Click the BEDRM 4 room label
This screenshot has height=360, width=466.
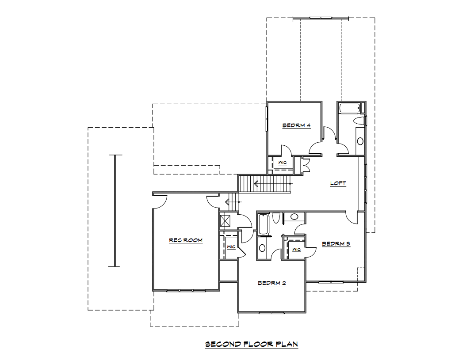(296, 125)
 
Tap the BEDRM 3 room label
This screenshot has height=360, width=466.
(336, 244)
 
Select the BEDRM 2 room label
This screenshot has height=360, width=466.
(271, 283)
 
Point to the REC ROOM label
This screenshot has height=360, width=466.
(186, 240)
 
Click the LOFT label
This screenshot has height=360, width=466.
(338, 183)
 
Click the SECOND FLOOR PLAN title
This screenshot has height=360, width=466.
(252, 344)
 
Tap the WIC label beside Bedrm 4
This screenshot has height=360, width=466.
(283, 163)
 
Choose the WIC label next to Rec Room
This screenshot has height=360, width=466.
(231, 247)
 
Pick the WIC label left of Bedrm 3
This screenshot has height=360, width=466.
(296, 250)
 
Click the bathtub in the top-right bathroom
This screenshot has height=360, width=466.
(349, 108)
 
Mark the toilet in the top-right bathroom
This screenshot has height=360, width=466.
(359, 121)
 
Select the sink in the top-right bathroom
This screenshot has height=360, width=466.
(360, 141)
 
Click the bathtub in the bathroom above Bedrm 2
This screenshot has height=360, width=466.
(264, 224)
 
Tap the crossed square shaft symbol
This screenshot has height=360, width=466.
(225, 221)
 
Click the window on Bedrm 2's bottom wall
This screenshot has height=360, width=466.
(271, 312)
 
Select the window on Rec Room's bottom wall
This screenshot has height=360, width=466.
(186, 291)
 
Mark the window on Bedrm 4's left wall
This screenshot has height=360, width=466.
(267, 118)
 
